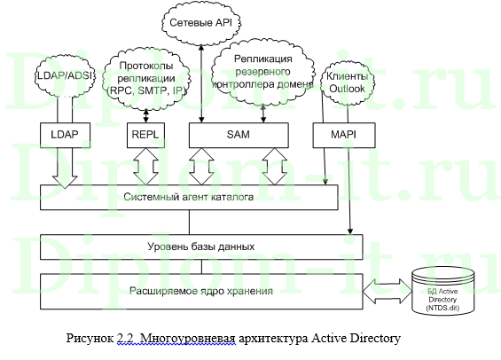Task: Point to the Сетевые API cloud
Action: [202, 19]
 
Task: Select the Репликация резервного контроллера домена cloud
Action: [272, 72]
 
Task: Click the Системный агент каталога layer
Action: [191, 197]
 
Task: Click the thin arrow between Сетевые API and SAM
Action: [203, 80]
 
